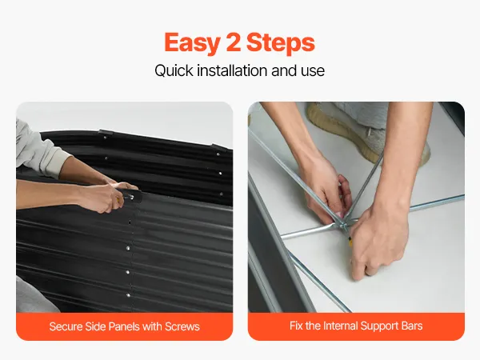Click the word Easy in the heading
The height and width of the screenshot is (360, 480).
tap(192, 43)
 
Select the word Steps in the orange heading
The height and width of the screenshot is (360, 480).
tap(281, 43)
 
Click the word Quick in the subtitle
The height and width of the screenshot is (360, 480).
tap(174, 70)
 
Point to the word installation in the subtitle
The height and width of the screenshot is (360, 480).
tap(232, 70)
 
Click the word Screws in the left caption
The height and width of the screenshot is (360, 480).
tap(182, 326)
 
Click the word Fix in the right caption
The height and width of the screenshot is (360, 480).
tap(296, 326)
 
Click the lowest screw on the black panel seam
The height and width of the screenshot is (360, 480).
tap(128, 295)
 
